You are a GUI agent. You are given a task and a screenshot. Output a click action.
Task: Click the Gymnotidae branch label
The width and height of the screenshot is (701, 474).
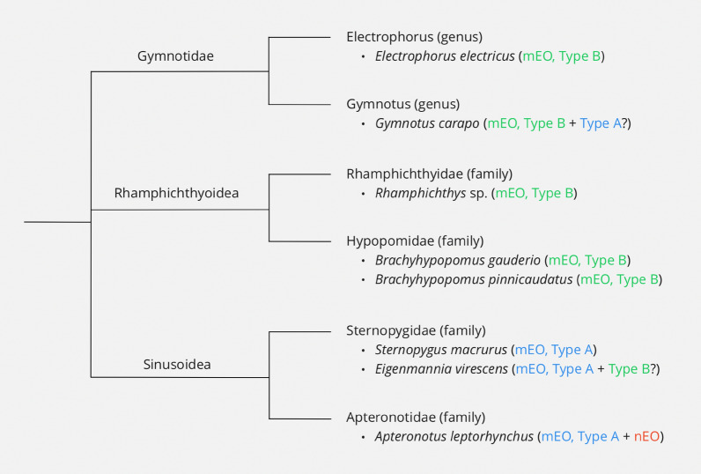click(175, 56)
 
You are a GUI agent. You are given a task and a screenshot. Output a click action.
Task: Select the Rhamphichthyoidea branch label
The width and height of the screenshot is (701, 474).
click(176, 193)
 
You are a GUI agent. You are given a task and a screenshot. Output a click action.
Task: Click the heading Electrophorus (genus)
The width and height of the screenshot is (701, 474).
click(409, 37)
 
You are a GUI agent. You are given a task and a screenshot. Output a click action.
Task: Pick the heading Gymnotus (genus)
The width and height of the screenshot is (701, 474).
click(390, 104)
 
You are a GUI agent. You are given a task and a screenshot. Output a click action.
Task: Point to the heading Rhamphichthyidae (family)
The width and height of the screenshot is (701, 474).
click(429, 174)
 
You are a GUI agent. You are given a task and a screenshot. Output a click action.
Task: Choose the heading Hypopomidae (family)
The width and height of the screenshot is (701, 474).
click(416, 241)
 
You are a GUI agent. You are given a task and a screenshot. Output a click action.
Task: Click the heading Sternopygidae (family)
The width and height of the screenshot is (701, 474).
click(416, 330)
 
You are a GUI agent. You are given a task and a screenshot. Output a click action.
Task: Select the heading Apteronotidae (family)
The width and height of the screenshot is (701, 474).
click(416, 417)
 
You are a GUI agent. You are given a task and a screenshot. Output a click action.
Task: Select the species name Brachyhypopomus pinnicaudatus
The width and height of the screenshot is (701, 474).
click(473, 279)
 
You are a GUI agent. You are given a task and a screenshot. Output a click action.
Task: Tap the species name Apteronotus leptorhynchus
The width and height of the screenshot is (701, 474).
click(454, 436)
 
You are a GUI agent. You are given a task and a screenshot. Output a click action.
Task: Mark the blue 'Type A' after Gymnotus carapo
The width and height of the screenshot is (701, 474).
click(601, 123)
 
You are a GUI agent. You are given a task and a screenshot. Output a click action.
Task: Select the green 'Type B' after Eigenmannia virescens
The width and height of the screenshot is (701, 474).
click(629, 369)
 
